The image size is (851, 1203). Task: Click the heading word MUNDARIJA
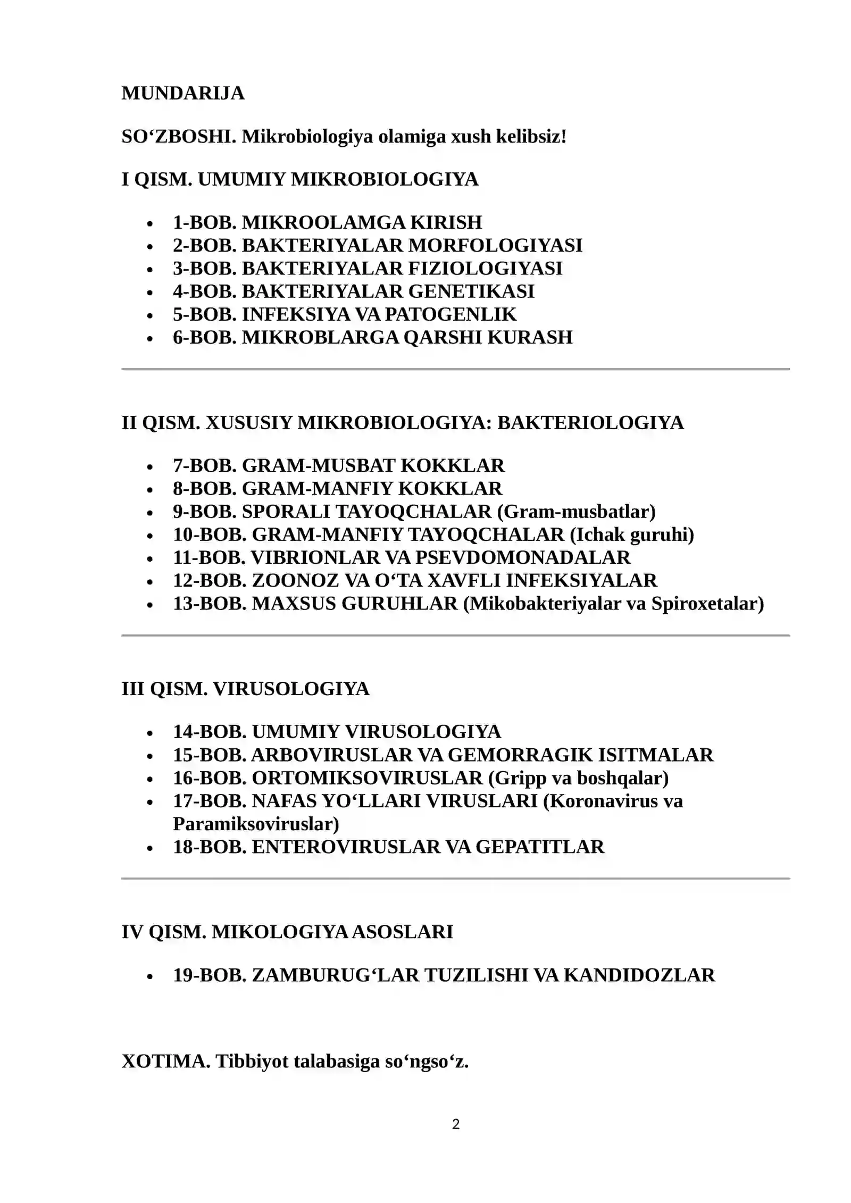(182, 93)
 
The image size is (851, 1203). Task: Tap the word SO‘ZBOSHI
(179, 137)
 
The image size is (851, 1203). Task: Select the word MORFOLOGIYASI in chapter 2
(495, 245)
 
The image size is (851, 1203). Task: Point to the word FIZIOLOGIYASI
(485, 268)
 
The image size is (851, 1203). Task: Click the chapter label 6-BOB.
(204, 337)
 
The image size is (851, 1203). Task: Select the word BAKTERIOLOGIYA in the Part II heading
(590, 423)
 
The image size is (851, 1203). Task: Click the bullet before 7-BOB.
(151, 467)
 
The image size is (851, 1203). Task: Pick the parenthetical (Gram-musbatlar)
(576, 511)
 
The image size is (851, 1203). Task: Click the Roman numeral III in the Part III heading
(133, 689)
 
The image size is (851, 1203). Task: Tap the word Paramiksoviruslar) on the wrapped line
(256, 824)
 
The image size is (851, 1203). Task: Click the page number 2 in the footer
(455, 1124)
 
